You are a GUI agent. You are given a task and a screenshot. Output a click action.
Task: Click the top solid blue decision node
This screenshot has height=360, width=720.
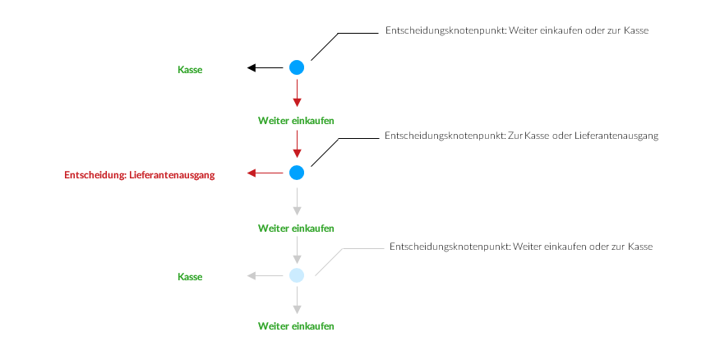[x=297, y=68]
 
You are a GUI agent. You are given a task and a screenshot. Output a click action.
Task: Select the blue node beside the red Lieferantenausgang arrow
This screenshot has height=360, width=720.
[x=297, y=173]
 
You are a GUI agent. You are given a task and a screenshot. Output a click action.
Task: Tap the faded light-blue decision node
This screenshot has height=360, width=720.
[x=297, y=275]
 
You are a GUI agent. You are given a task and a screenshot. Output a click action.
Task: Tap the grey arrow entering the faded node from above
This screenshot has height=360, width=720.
[x=297, y=249]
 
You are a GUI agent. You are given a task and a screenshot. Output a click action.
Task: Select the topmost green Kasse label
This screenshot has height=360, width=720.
[x=190, y=70]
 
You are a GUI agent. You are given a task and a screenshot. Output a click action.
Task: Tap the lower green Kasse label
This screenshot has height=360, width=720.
[x=190, y=277]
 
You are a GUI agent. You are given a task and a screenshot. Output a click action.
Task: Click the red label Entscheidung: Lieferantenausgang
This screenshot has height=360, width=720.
[x=139, y=174]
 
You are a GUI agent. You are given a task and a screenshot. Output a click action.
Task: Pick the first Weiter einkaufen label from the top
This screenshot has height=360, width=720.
[x=296, y=121]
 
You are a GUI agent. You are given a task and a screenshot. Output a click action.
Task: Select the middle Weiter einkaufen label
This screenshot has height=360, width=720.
[x=296, y=228]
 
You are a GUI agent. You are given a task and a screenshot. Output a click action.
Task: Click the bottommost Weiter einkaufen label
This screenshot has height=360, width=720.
[x=296, y=326]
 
